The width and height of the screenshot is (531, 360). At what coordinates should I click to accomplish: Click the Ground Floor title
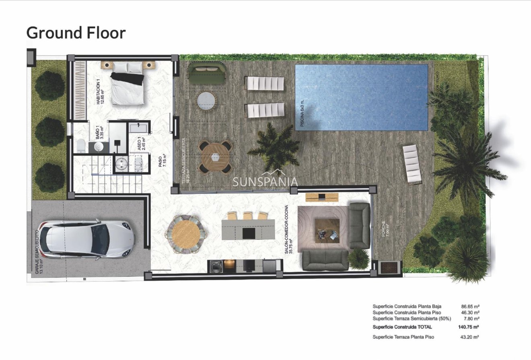click(x=76, y=33)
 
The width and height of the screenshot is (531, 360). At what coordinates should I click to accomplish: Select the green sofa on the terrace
click(x=208, y=72)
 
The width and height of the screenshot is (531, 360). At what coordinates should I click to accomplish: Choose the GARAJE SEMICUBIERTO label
click(x=39, y=252)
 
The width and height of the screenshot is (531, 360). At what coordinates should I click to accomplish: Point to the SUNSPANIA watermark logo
click(x=265, y=182)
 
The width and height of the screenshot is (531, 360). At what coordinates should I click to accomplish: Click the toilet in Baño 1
click(x=80, y=146)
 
